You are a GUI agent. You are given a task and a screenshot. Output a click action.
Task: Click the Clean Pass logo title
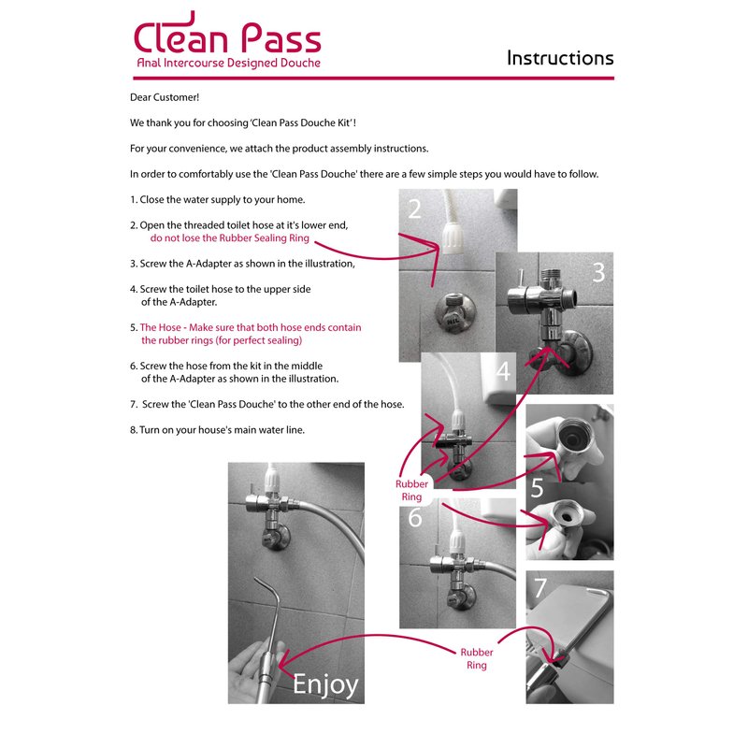(x=227, y=33)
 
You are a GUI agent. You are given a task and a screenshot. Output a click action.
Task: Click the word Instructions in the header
(x=560, y=58)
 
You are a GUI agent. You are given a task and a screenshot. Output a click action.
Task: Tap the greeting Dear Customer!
(x=165, y=97)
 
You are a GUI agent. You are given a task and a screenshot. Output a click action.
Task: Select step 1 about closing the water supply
(x=218, y=199)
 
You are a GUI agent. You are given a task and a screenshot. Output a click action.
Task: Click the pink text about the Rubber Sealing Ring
(x=229, y=238)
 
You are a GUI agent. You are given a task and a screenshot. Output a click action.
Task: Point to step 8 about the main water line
(x=217, y=430)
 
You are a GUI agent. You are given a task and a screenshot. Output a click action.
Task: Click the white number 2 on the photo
(x=414, y=209)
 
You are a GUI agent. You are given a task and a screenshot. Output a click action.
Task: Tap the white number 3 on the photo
(x=598, y=272)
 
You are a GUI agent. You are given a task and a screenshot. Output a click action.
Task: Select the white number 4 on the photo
(x=504, y=370)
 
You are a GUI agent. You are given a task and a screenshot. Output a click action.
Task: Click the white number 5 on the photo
(x=537, y=487)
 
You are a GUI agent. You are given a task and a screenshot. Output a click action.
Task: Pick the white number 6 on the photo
(x=415, y=517)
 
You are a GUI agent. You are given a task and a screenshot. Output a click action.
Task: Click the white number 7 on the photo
(x=540, y=588)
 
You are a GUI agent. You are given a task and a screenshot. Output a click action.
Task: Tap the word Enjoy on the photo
(x=325, y=685)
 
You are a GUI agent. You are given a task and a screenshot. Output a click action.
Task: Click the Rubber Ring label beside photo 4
(x=411, y=490)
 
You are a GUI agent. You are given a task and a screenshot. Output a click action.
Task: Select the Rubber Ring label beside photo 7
(x=477, y=659)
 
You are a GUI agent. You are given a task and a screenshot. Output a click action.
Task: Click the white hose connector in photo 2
(x=451, y=237)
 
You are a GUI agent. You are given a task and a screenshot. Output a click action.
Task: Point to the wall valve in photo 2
(x=454, y=312)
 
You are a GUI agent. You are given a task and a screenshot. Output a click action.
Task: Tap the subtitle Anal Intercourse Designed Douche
(x=228, y=63)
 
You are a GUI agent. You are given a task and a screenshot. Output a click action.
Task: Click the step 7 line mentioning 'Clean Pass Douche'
(x=267, y=405)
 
